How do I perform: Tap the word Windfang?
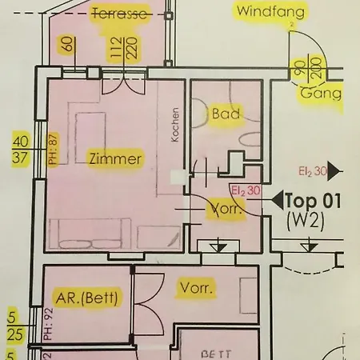click(268, 11)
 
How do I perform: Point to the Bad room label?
click(226, 114)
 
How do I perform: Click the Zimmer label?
click(116, 159)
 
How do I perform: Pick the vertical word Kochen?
click(176, 125)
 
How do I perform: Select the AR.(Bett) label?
click(87, 299)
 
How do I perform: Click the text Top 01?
click(315, 201)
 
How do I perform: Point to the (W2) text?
click(305, 221)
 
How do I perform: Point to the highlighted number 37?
click(21, 158)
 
